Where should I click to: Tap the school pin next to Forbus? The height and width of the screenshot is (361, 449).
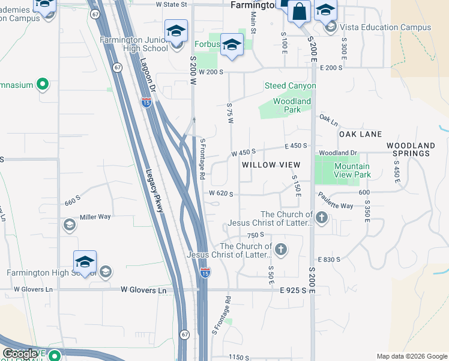click(x=231, y=45)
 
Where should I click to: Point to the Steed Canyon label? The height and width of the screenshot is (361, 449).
click(x=291, y=86)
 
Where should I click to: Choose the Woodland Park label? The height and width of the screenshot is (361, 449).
click(x=292, y=106)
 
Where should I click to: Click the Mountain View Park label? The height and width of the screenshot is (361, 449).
click(x=352, y=170)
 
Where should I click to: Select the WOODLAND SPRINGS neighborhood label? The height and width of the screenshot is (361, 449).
click(x=411, y=149)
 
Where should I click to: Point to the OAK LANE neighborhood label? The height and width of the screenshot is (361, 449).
click(x=360, y=134)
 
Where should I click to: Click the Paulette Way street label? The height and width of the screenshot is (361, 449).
click(x=335, y=206)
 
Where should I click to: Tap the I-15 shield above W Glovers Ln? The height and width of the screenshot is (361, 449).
click(x=205, y=272)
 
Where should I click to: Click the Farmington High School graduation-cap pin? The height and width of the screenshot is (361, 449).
click(x=85, y=262)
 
